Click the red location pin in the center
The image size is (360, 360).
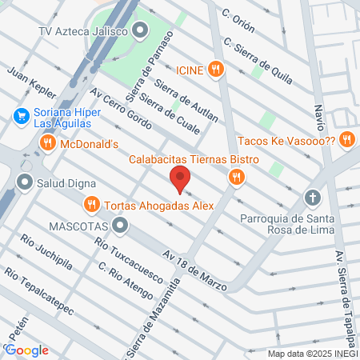click(x=180, y=179)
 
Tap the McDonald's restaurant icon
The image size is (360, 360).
click(x=47, y=143)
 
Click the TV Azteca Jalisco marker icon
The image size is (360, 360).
click(x=141, y=32)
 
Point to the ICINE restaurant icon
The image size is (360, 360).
click(x=214, y=70)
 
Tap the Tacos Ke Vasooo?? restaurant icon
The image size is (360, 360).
click(x=346, y=138)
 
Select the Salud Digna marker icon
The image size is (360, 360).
click(x=24, y=182)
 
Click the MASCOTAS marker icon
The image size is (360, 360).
click(x=120, y=226)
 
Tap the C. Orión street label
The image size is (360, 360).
click(x=238, y=22)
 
